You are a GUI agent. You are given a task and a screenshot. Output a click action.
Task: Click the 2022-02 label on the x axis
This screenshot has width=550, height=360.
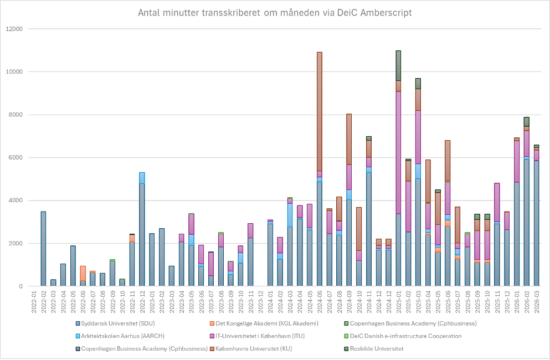[43, 301]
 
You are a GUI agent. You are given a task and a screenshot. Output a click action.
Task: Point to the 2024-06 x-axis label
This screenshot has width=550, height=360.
[320, 301]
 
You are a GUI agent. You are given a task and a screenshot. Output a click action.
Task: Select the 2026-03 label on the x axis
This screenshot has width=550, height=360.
[536, 301]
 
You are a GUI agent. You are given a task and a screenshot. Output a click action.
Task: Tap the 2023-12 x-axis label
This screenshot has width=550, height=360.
[260, 301]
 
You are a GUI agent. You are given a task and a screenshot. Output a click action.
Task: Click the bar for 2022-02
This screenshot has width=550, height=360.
[43, 249]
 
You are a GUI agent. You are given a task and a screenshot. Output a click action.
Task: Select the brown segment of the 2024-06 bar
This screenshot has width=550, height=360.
[320, 111]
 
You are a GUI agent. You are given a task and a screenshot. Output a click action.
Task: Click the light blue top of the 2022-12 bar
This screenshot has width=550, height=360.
[142, 178]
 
